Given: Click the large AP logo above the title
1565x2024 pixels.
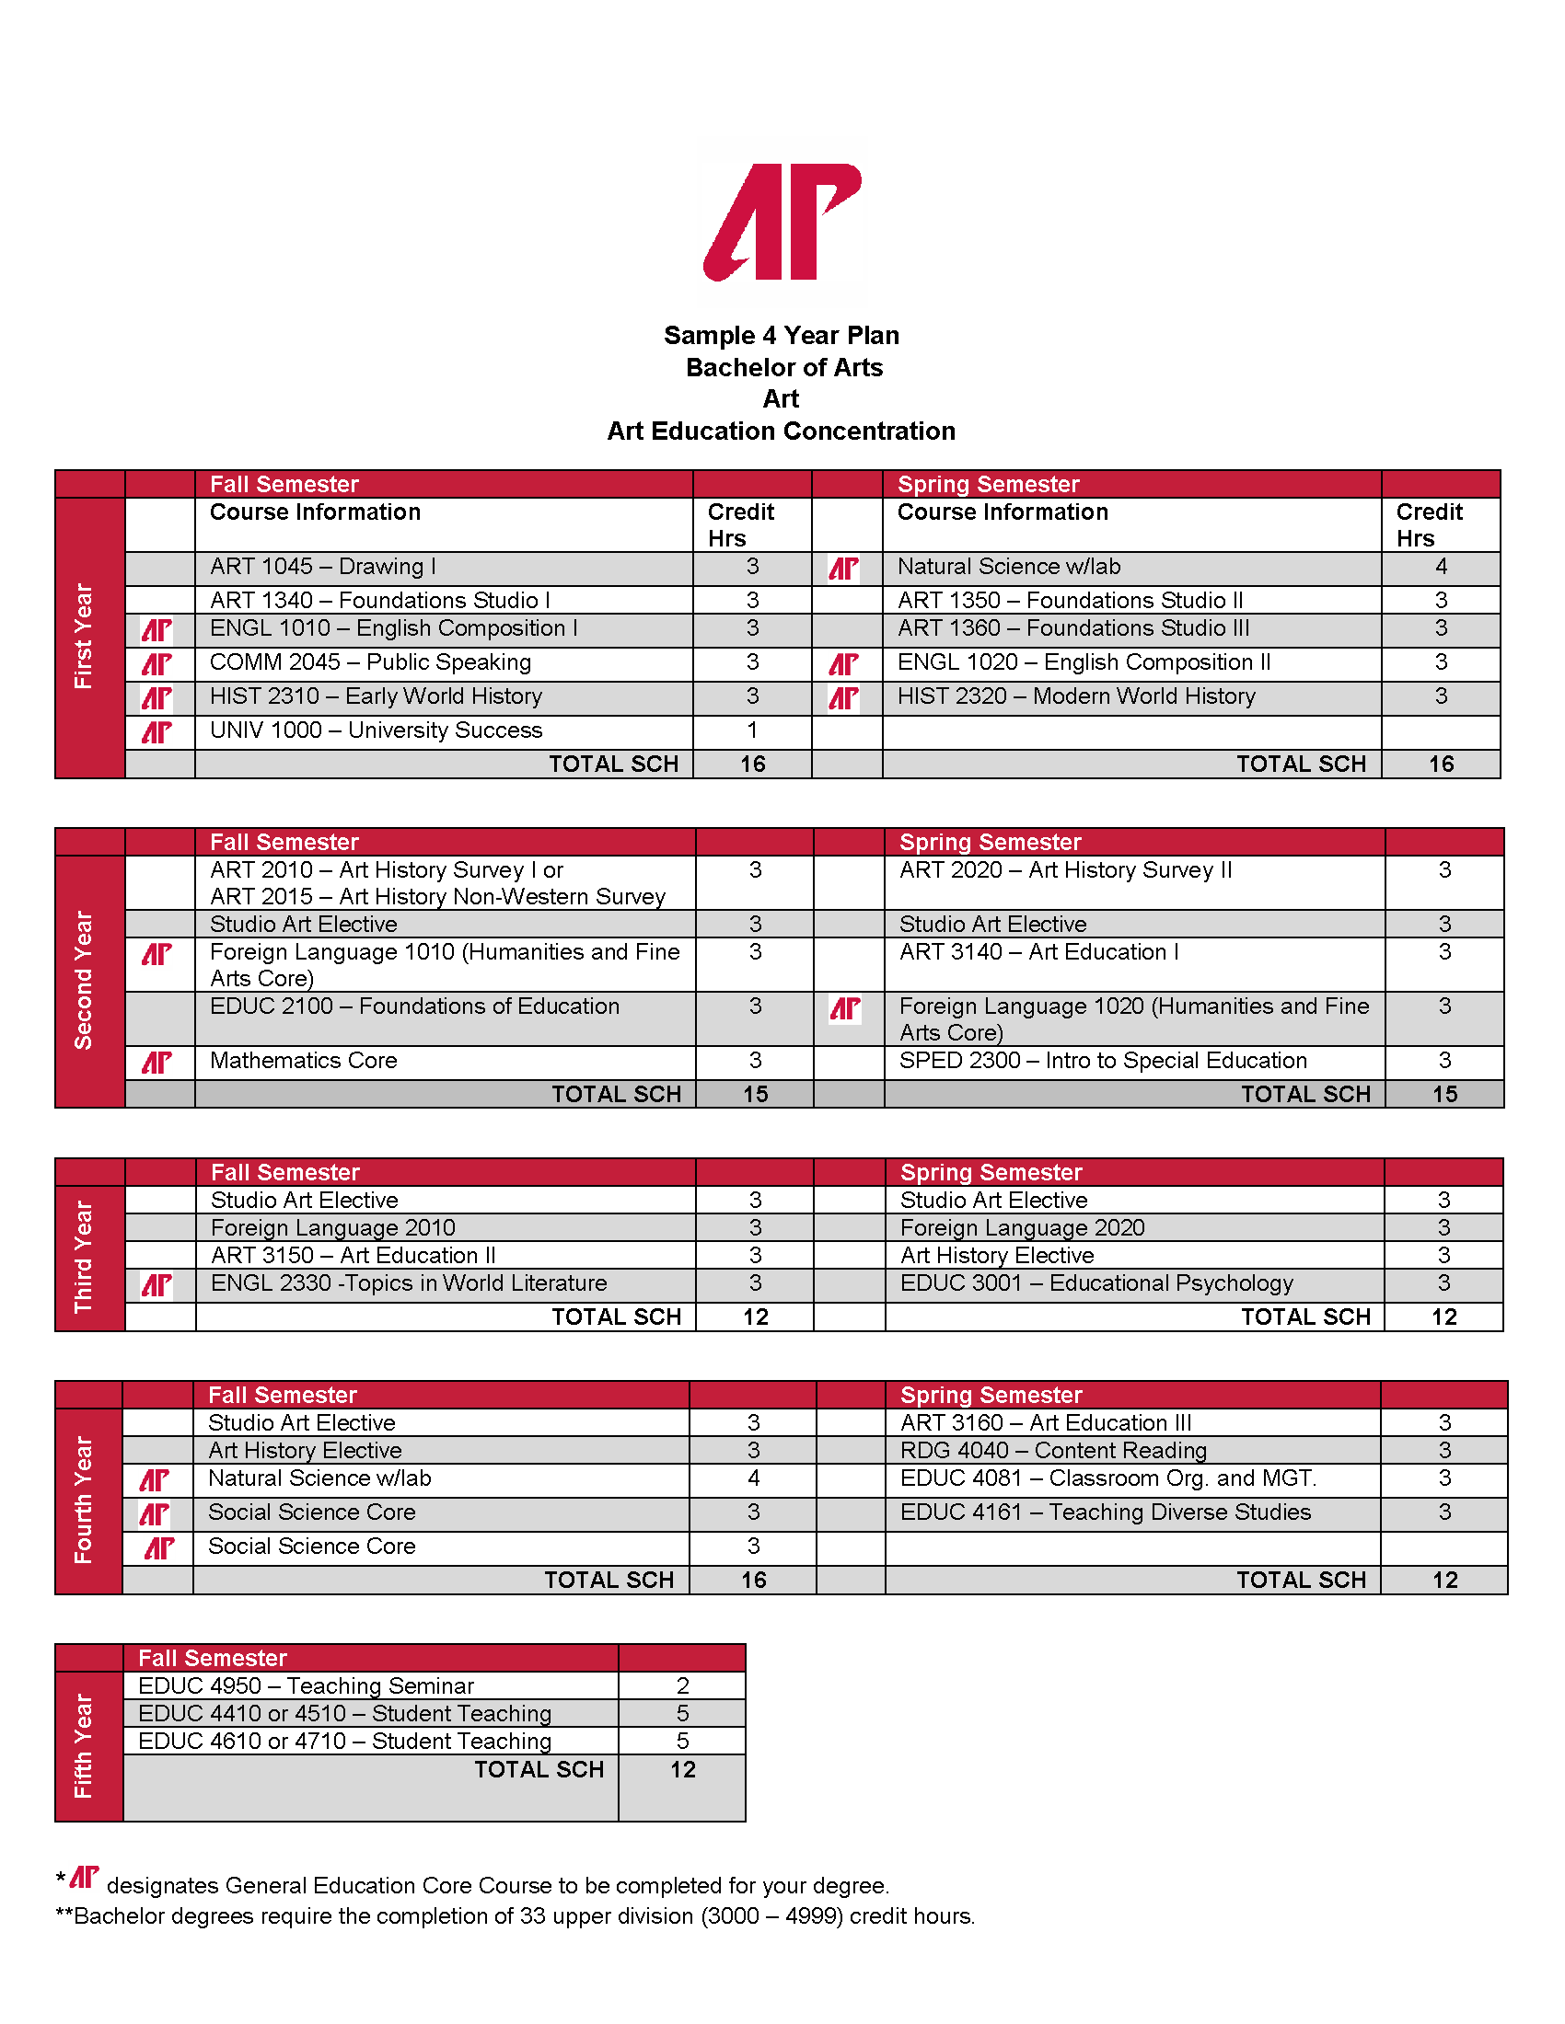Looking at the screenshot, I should [782, 223].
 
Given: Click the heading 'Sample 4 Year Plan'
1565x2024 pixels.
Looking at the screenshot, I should [782, 336].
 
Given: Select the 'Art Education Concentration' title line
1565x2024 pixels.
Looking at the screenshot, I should [781, 431].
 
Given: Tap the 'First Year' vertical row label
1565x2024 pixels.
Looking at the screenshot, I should [84, 636].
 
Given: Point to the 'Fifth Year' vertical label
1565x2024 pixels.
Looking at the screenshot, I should [84, 1746].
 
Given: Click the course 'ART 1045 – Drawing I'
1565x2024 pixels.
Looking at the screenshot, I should [322, 566].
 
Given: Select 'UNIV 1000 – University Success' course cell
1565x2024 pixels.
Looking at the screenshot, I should [376, 730].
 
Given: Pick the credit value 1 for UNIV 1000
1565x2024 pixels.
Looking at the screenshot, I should [753, 730].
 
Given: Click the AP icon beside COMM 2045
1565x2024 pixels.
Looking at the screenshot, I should [156, 663].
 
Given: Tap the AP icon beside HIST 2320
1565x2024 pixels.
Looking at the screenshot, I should [843, 698].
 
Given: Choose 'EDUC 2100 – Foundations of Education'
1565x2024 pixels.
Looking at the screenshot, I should [414, 1006].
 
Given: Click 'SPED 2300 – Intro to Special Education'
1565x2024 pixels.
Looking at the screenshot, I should [1103, 1060].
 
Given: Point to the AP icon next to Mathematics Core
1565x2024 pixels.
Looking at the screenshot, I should [156, 1062].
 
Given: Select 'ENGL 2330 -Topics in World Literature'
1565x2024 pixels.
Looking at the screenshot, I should [409, 1283].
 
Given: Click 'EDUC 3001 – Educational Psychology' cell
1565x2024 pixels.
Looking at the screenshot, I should [1096, 1283].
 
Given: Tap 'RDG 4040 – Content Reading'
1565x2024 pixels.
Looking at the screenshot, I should [1053, 1450].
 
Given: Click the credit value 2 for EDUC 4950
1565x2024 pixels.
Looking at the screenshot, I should [682, 1685].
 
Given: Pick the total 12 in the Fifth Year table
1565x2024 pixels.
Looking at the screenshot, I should [682, 1769].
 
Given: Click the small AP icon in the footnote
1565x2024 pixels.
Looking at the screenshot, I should [85, 1878].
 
